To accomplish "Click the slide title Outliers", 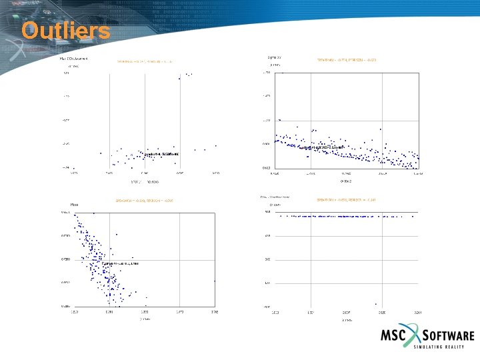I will tap(65, 31).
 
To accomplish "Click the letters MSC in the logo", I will tap(395, 336).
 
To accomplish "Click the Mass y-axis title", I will tap(75, 203).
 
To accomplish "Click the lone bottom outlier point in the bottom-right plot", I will tap(376, 304).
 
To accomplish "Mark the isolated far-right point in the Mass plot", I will tap(215, 281).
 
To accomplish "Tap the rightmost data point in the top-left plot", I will tap(216, 145).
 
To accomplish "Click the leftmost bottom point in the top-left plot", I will tap(74, 168).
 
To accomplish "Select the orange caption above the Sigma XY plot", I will tap(347, 61).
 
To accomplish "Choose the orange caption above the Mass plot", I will tap(145, 200).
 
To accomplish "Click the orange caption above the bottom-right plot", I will tap(347, 199).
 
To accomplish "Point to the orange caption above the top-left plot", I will tap(145, 61).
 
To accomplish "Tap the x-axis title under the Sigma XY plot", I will tap(346, 181).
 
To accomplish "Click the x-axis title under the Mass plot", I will tap(145, 319).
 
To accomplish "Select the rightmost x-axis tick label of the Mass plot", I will tap(215, 311).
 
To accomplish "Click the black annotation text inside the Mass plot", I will tap(120, 264).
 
